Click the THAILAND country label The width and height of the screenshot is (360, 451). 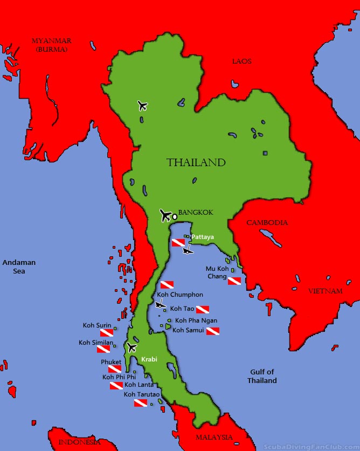click(196, 162)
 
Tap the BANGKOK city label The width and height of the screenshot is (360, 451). click(196, 213)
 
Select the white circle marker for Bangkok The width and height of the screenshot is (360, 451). click(175, 217)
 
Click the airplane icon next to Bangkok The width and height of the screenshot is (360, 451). click(165, 215)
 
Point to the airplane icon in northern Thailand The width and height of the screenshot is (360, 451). click(142, 105)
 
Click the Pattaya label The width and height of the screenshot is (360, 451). click(203, 236)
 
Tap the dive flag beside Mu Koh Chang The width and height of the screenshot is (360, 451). click(234, 281)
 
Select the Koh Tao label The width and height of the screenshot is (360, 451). click(182, 309)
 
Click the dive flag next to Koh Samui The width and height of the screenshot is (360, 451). click(212, 331)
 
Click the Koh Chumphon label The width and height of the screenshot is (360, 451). click(180, 295)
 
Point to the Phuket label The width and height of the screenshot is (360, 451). click(111, 362)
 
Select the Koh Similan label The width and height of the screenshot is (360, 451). click(96, 343)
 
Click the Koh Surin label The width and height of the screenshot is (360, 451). click(97, 325)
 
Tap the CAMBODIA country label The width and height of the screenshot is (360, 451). click(267, 222)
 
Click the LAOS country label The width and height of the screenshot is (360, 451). click(241, 61)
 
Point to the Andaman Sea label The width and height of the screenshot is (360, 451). click(19, 266)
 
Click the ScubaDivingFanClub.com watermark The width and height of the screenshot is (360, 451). click(311, 446)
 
